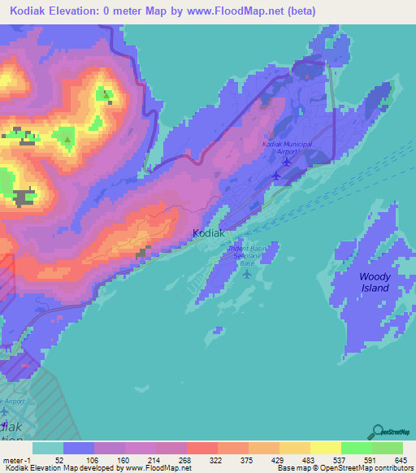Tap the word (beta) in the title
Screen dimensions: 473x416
pyautogui.click(x=296, y=11)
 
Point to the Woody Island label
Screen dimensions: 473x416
pyautogui.click(x=375, y=282)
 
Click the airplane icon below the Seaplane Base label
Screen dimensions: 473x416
pyautogui.click(x=247, y=273)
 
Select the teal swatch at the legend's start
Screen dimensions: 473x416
pyautogui.click(x=48, y=449)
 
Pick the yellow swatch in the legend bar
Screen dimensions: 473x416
pyautogui.click(x=326, y=449)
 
